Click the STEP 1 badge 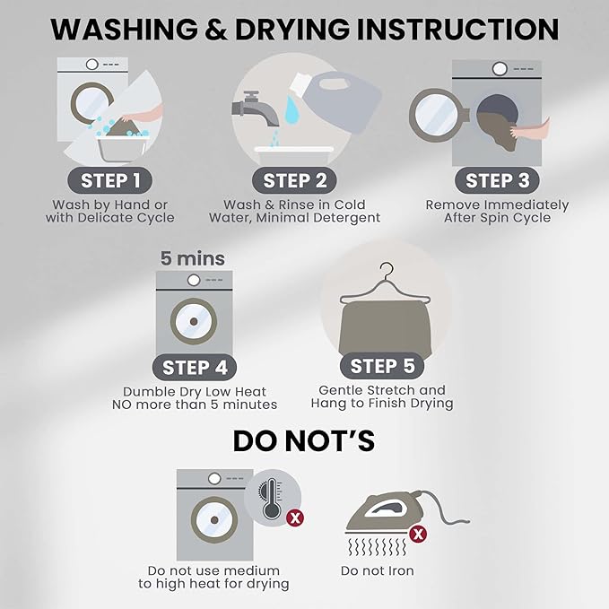110,180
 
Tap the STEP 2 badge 294,180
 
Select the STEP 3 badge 497,180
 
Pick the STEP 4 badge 195,367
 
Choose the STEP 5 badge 382,365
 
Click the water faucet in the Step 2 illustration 255,109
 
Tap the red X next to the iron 418,535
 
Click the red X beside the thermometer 295,518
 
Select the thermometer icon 271,499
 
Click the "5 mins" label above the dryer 193,258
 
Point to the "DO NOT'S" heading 304,440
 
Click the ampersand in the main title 216,29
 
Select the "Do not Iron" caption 377,570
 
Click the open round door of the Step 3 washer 437,115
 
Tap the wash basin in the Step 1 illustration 122,147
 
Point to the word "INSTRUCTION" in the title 457,29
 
